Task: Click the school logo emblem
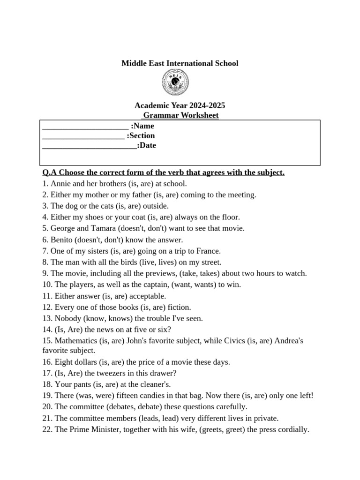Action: click(x=175, y=83)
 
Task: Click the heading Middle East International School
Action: click(x=180, y=63)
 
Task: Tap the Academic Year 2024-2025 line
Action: click(x=180, y=105)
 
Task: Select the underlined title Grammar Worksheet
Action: click(x=180, y=115)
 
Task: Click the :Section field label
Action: click(x=141, y=136)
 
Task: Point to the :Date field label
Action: click(x=147, y=146)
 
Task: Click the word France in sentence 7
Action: click(x=207, y=251)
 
